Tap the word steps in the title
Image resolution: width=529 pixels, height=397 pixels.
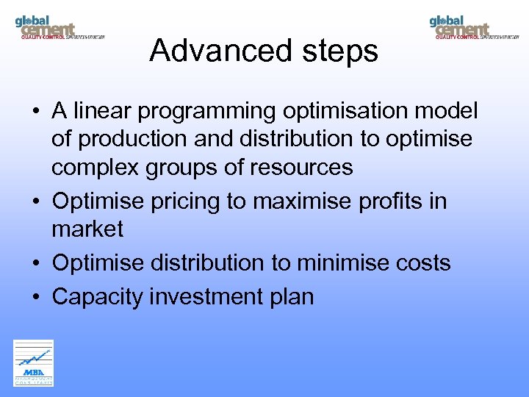342,51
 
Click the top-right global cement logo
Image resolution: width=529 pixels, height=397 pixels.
474,27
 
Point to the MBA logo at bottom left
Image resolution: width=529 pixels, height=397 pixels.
34,362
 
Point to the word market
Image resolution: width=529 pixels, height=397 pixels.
87,229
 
